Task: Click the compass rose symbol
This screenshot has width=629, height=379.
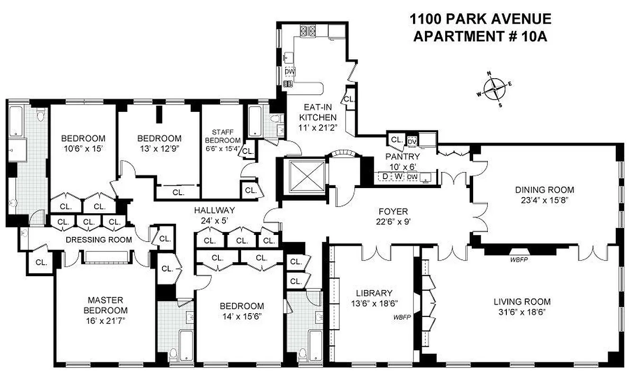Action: click(x=494, y=89)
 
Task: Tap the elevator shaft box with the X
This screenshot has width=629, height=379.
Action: click(x=303, y=176)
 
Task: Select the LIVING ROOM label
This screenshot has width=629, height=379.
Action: click(x=522, y=302)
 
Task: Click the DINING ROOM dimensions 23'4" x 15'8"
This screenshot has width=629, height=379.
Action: click(x=541, y=200)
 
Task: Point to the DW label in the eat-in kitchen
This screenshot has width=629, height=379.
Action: click(x=289, y=72)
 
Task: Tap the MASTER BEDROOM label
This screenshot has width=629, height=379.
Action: click(x=106, y=306)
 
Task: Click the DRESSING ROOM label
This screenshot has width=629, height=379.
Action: click(x=99, y=240)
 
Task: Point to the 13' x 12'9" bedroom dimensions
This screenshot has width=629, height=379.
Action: click(x=159, y=148)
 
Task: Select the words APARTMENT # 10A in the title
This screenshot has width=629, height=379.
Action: click(x=480, y=36)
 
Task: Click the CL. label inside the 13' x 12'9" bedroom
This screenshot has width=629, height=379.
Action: click(x=178, y=192)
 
